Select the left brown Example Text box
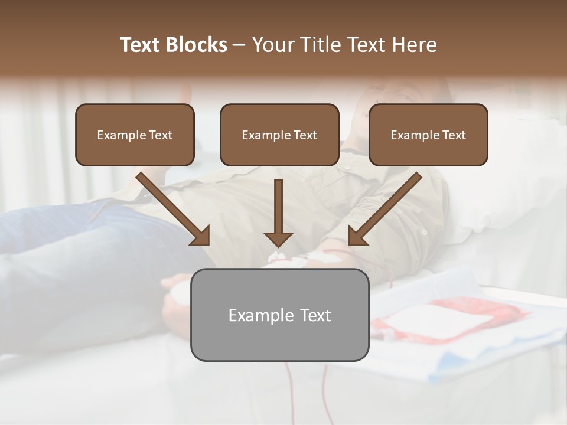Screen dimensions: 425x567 pyautogui.click(x=135, y=135)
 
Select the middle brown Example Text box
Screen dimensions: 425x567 pyautogui.click(x=279, y=135)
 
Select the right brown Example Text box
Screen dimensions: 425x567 pyautogui.click(x=428, y=135)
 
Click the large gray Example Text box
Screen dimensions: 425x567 pyautogui.click(x=279, y=315)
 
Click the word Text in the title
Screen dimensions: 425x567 pyautogui.click(x=140, y=45)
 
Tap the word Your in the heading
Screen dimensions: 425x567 pyautogui.click(x=272, y=45)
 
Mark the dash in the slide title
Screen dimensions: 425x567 pyautogui.click(x=239, y=45)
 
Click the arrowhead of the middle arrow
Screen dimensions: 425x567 pyautogui.click(x=278, y=238)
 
